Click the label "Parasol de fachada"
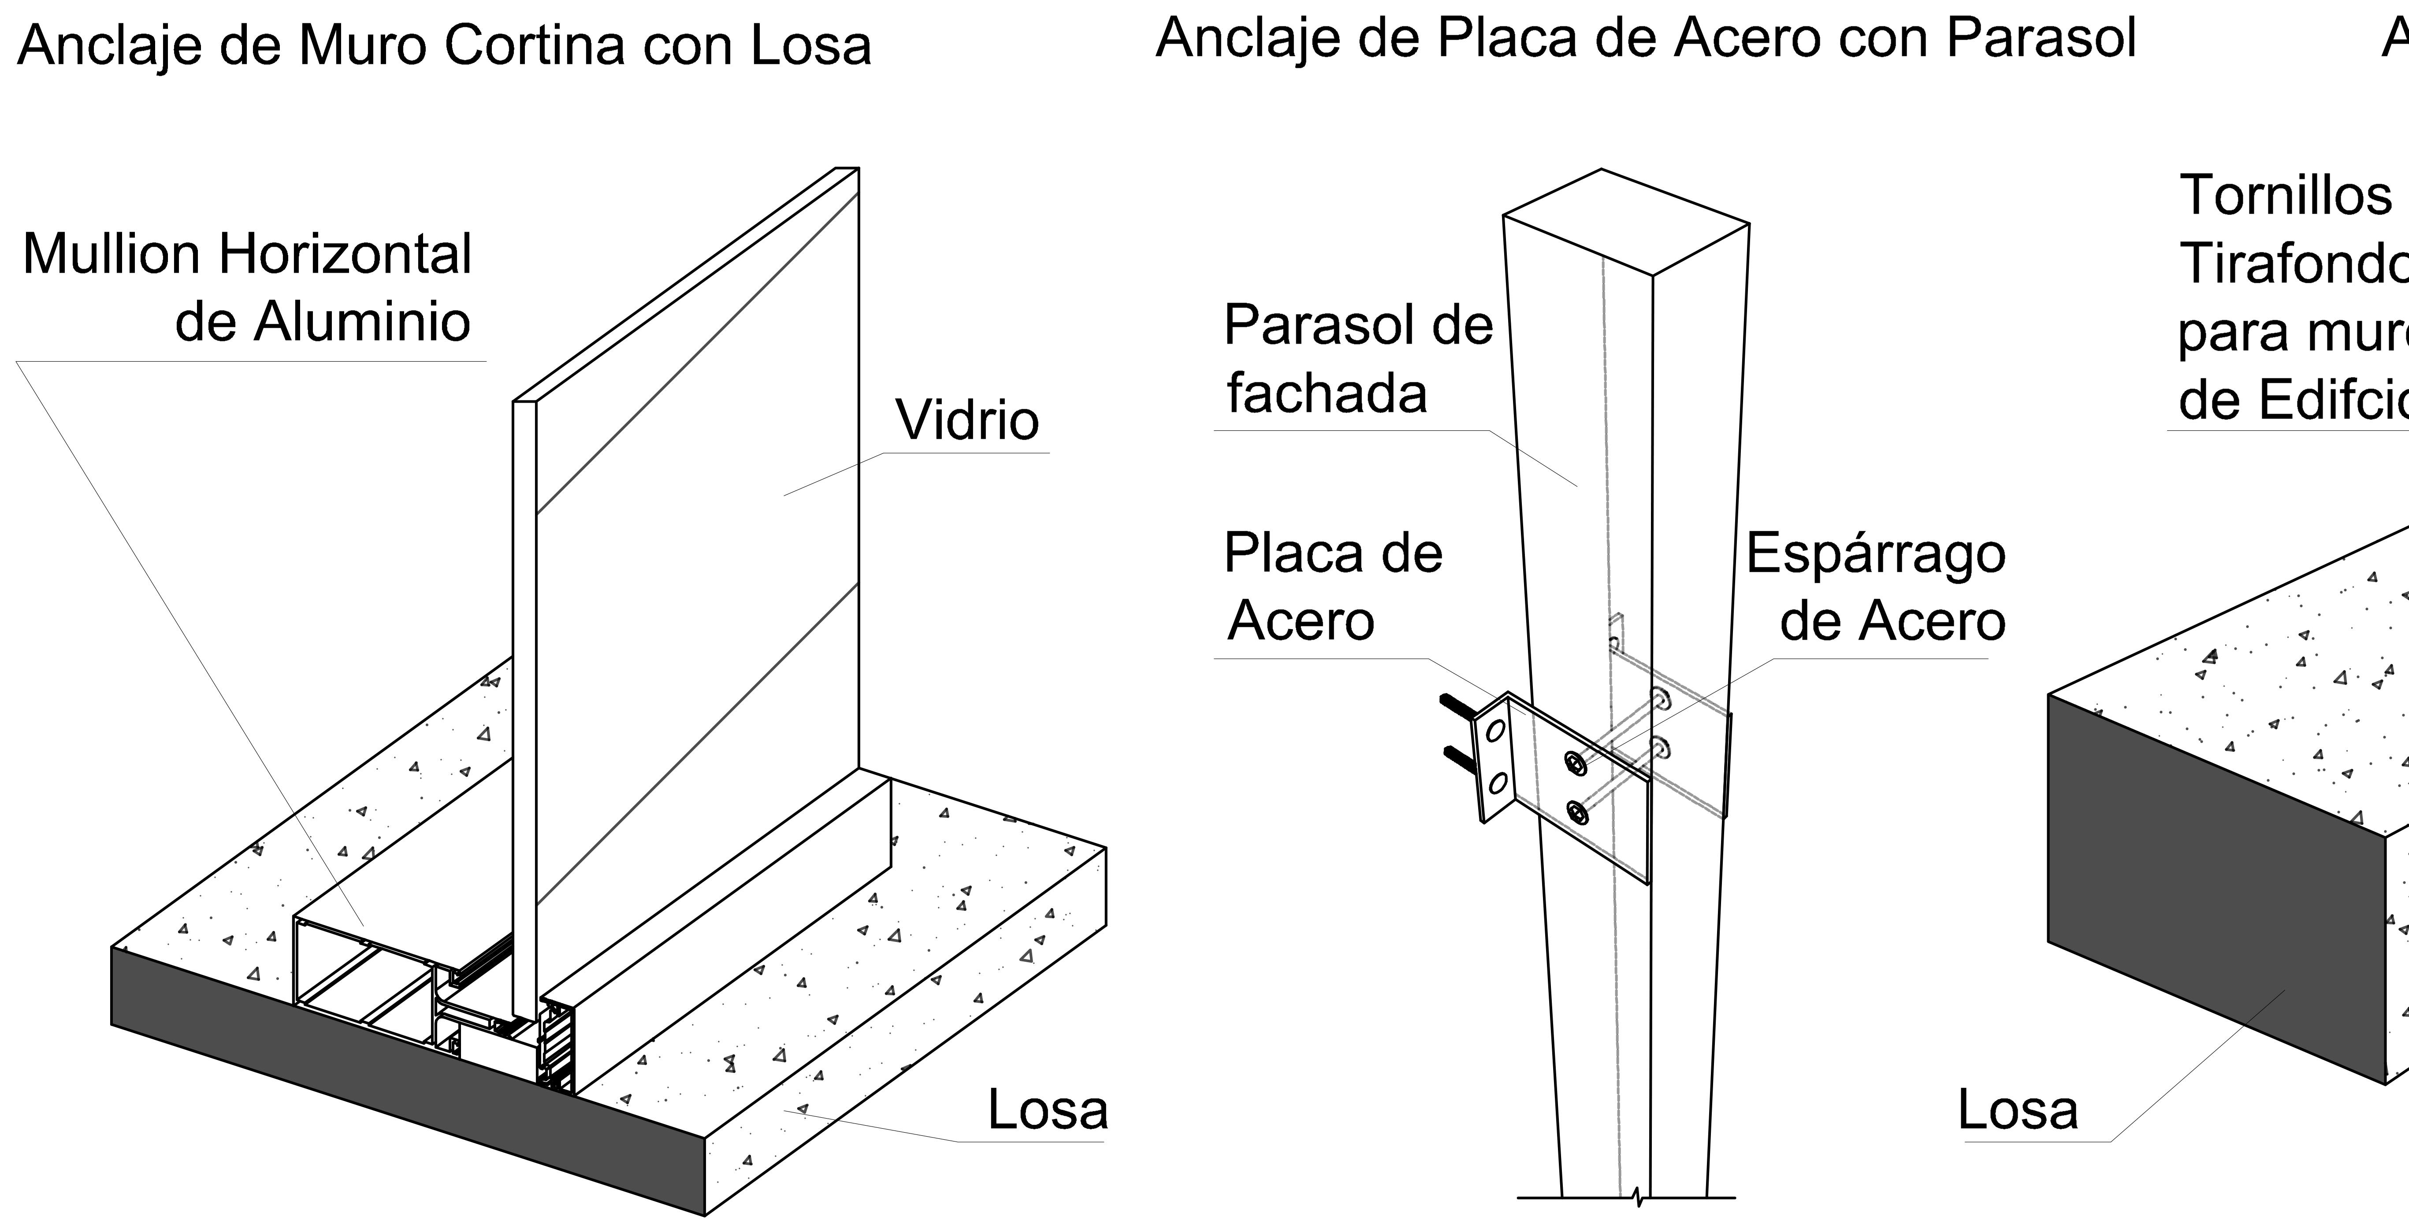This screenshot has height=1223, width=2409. (x=1358, y=358)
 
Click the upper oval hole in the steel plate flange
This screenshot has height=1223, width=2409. (x=1494, y=730)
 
